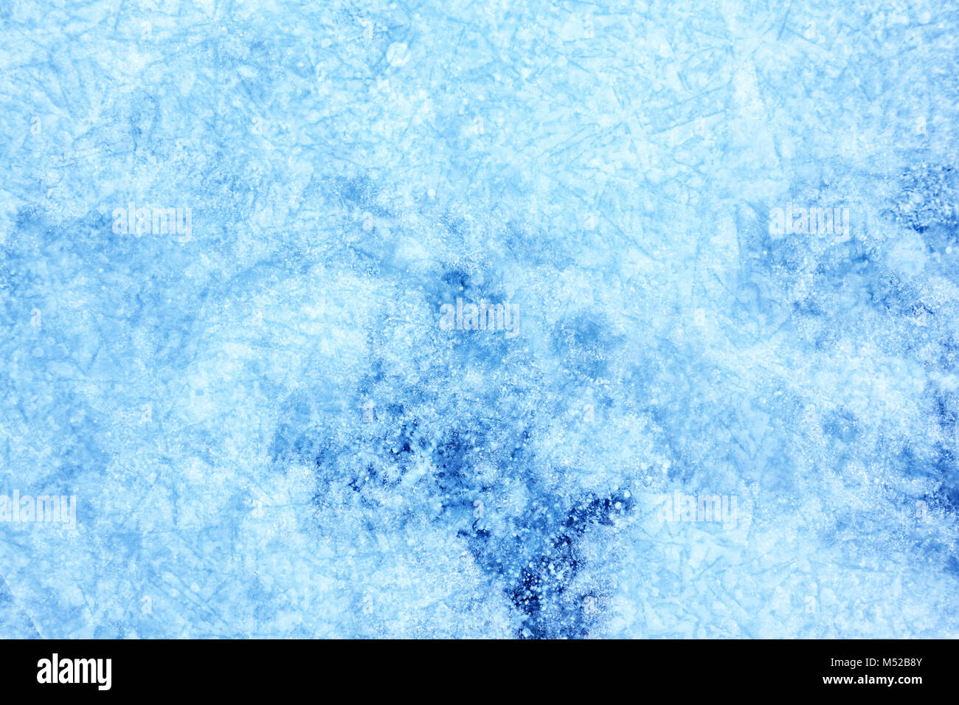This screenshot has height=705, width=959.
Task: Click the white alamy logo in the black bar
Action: point(74,672)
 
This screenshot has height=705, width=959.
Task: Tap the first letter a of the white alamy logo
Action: point(44,673)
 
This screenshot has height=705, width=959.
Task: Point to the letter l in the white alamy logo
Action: point(55,671)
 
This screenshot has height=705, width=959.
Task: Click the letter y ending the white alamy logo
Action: point(104,675)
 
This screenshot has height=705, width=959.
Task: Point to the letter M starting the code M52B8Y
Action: point(880,662)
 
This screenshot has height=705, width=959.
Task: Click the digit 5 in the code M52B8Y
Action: point(888,662)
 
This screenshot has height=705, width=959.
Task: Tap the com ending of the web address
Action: point(908,680)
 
